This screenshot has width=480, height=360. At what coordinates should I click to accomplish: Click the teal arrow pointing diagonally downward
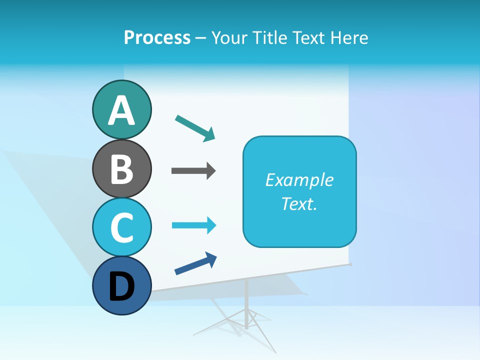[195, 127]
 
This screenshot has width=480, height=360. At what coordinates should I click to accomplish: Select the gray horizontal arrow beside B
[193, 171]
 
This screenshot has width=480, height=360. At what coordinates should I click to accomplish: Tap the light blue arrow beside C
[193, 225]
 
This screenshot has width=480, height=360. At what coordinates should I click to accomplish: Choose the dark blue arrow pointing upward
[195, 264]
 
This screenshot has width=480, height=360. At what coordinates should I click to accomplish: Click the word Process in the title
[157, 37]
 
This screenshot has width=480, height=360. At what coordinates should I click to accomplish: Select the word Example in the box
[299, 180]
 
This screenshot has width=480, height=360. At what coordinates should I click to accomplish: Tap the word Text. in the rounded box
[299, 203]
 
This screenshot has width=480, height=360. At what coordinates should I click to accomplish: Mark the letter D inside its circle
[121, 287]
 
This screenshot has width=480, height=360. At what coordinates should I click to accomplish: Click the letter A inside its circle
[121, 111]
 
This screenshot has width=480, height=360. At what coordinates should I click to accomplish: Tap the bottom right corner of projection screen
[350, 263]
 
